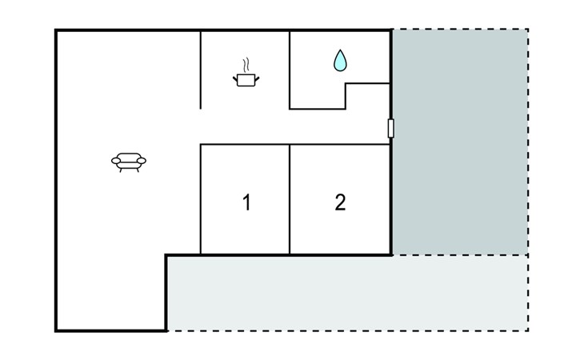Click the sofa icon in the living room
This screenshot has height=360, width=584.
pyautogui.click(x=129, y=162)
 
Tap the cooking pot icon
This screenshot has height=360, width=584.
pyautogui.click(x=246, y=78)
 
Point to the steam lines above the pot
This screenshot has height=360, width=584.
pyautogui.click(x=247, y=63)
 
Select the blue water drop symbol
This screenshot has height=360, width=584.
pyautogui.click(x=340, y=61)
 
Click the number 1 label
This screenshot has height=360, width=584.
pyautogui.click(x=246, y=203)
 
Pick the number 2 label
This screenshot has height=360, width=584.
pyautogui.click(x=340, y=203)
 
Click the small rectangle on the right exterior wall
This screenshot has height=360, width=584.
pyautogui.click(x=391, y=128)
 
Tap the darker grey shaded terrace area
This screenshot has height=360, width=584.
pyautogui.click(x=460, y=142)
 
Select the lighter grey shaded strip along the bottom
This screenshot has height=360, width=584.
pyautogui.click(x=348, y=293)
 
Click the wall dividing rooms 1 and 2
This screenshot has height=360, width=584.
pyautogui.click(x=290, y=200)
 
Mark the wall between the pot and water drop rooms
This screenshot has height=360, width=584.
pyautogui.click(x=290, y=70)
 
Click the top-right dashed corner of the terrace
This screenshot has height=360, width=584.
pyautogui.click(x=528, y=30)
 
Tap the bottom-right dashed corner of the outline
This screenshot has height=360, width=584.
pyautogui.click(x=528, y=330)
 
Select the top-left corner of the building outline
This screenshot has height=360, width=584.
pyautogui.click(x=56, y=30)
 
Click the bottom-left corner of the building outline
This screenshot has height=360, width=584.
pyautogui.click(x=56, y=330)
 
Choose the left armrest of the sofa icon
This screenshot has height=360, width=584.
pyautogui.click(x=115, y=162)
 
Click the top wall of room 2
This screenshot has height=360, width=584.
pyautogui.click(x=340, y=145)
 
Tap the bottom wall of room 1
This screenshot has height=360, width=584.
pyautogui.click(x=245, y=254)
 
